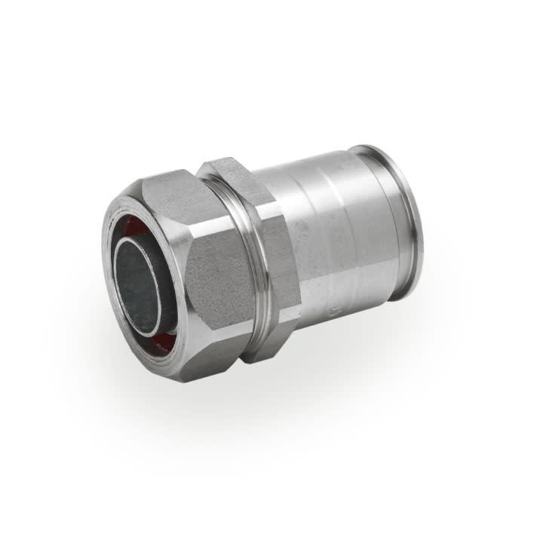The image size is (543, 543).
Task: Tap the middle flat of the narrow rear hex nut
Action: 279,264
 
